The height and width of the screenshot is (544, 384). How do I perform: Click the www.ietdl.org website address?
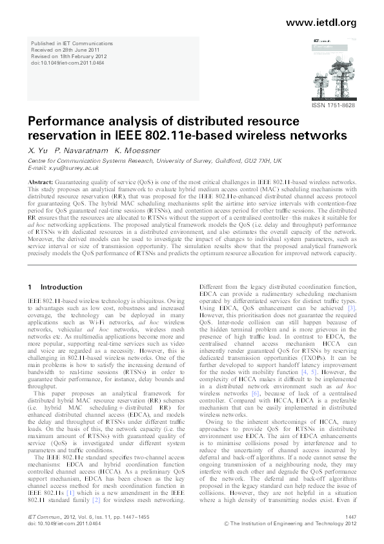tap(320, 23)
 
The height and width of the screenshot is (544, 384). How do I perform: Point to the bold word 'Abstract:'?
tap(41, 183)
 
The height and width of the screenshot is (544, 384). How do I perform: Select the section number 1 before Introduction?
tap(30, 286)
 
